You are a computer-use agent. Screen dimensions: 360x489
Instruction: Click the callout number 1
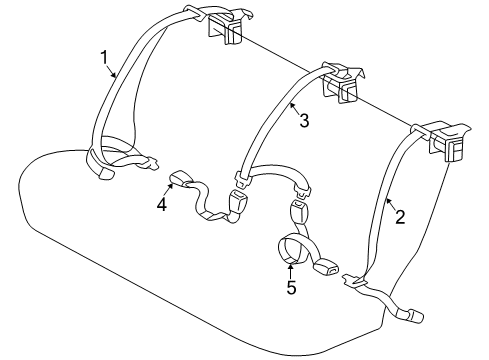(104, 58)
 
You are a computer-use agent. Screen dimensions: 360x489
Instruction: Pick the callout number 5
(291, 288)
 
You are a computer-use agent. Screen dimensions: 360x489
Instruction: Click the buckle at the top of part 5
(297, 212)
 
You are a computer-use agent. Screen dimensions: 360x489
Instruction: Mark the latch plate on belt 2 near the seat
(353, 281)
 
